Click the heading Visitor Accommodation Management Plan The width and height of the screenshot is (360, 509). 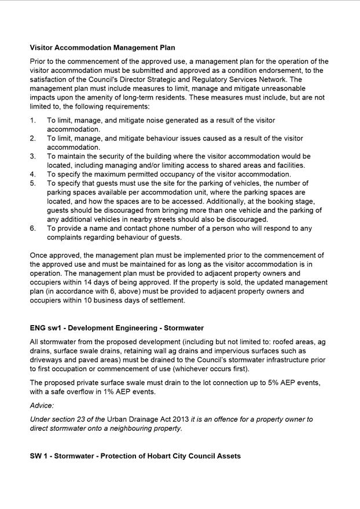click(102, 47)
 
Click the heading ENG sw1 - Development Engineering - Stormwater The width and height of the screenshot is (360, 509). click(117, 328)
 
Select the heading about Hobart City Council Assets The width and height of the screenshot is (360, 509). click(135, 456)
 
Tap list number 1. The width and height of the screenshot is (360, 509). click(33, 120)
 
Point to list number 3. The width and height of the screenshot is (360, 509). click(33, 156)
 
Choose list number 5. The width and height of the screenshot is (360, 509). click(33, 183)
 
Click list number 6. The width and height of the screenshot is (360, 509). click(33, 228)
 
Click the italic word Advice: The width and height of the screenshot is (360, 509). click(42, 406)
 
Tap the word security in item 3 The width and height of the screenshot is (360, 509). click(112, 156)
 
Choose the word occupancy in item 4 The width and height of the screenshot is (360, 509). click(176, 174)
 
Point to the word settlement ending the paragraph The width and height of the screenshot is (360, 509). click(166, 300)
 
